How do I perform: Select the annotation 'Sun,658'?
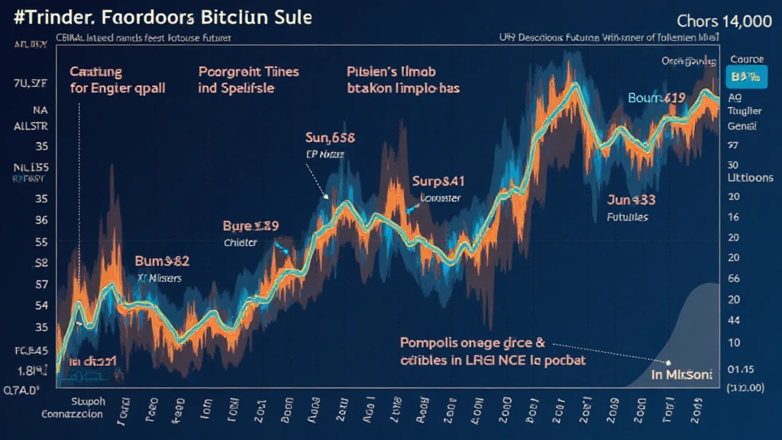pos(329,138)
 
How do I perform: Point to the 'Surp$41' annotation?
pos(438,182)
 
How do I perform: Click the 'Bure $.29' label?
pos(250,226)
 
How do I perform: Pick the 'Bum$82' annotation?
pos(161,261)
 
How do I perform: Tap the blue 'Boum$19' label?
pos(658,98)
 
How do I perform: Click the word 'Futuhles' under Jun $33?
pos(628,217)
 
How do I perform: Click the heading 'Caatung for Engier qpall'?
pos(117,79)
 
